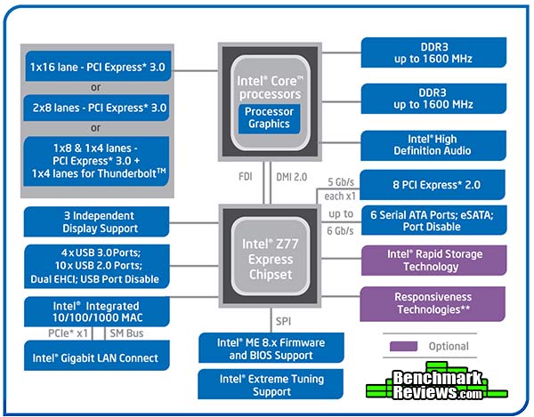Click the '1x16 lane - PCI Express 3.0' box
point(98,67)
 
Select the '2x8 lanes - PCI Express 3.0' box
point(96,108)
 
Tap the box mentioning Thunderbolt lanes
point(96,161)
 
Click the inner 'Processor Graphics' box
point(269,118)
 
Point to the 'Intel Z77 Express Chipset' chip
point(270,256)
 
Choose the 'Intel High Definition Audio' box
point(433,145)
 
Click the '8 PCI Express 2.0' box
point(433,185)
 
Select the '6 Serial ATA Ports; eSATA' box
point(434,221)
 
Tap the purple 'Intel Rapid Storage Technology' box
point(434,261)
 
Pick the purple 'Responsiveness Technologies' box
point(433,304)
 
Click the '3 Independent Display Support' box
point(96,221)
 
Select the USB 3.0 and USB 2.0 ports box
point(97,267)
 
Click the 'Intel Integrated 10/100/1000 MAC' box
point(97,311)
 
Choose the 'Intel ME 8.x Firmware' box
point(271,348)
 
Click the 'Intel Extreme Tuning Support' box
point(271,384)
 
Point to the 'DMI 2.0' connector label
point(292,177)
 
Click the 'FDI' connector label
point(246,177)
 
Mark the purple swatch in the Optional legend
point(403,346)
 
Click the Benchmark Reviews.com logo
point(437,381)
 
